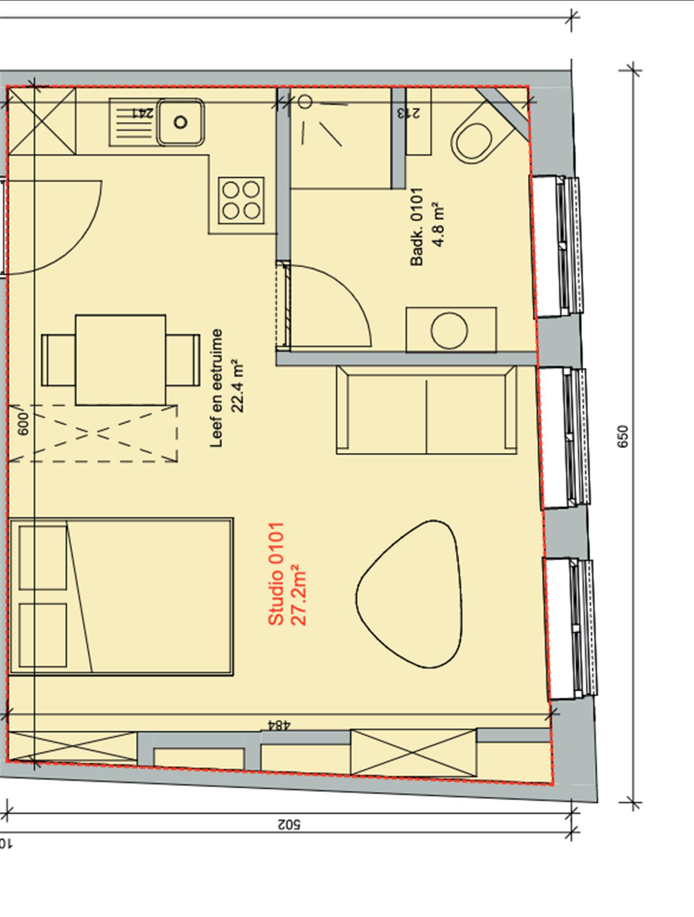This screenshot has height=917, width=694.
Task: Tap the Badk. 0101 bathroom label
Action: [x=417, y=227]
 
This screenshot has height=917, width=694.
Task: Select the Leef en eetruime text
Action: [x=216, y=388]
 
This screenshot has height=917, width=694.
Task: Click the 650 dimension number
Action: [x=623, y=436]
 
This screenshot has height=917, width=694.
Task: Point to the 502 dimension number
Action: [x=289, y=824]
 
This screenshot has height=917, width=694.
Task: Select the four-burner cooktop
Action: [x=241, y=200]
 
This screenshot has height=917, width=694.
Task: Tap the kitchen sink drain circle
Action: [x=181, y=122]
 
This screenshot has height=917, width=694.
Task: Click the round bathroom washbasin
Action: [x=449, y=330]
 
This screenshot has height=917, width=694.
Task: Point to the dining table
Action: [x=120, y=360]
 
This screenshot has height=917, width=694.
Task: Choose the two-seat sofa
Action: [x=427, y=410]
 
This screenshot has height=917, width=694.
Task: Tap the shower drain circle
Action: [x=305, y=102]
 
